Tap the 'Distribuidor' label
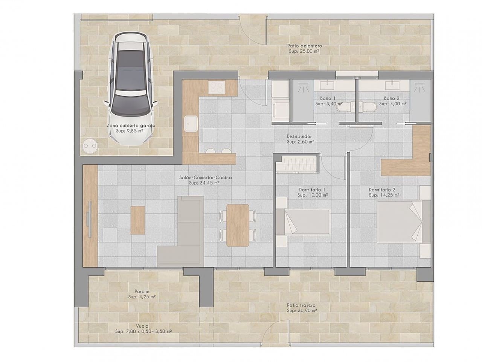[x=299, y=137]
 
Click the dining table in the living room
[x=238, y=225]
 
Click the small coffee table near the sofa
[x=138, y=219]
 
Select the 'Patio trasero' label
[x=301, y=305]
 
